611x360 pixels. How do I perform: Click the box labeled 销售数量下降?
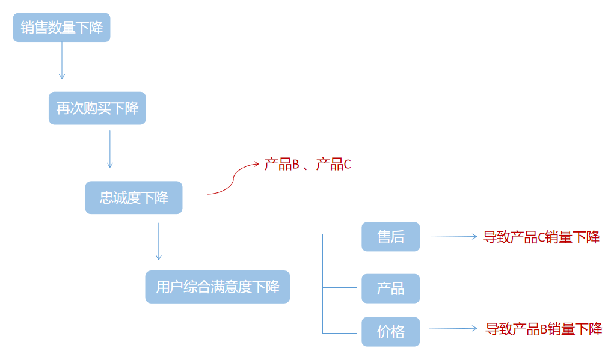click(x=61, y=28)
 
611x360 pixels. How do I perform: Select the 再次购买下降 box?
click(x=97, y=108)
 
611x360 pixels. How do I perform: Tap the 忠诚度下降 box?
click(x=134, y=198)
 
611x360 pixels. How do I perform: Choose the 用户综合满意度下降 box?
click(x=217, y=287)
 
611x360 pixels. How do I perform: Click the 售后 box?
click(x=390, y=237)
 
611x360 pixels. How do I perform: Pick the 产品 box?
click(x=390, y=288)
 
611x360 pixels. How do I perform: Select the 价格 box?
click(x=390, y=331)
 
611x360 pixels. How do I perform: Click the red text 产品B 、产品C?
click(x=307, y=164)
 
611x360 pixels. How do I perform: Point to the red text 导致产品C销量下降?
click(x=541, y=237)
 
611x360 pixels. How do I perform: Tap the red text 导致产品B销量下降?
click(x=544, y=329)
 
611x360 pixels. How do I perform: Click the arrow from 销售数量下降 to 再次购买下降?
click(x=61, y=60)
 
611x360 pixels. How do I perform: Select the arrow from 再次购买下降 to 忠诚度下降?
click(x=109, y=149)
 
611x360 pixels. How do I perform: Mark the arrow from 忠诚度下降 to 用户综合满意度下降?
click(x=158, y=241)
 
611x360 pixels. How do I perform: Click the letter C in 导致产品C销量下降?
click(x=541, y=237)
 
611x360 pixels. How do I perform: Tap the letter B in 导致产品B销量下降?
click(x=544, y=329)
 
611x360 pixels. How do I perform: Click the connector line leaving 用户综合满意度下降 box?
click(x=306, y=287)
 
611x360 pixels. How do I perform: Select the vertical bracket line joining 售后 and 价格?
click(x=323, y=282)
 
